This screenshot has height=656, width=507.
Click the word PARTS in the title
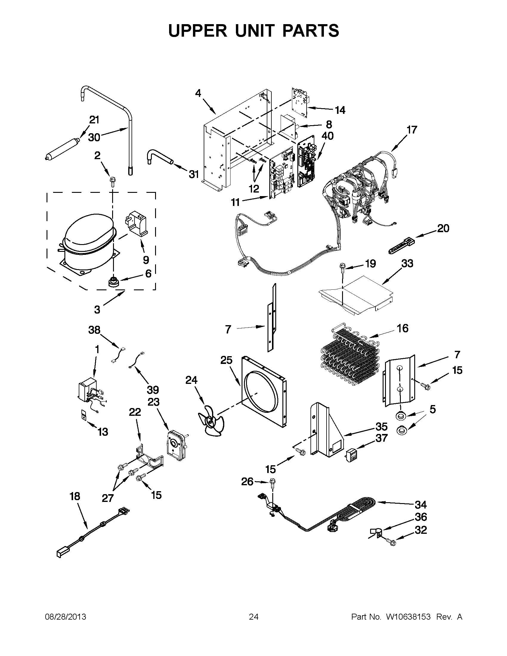[x=311, y=31]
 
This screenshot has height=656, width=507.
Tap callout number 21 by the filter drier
[x=94, y=120]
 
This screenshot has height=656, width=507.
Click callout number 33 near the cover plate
[x=407, y=263]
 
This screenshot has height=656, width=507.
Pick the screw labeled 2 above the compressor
[x=113, y=182]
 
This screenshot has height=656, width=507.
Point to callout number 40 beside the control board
[x=327, y=136]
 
